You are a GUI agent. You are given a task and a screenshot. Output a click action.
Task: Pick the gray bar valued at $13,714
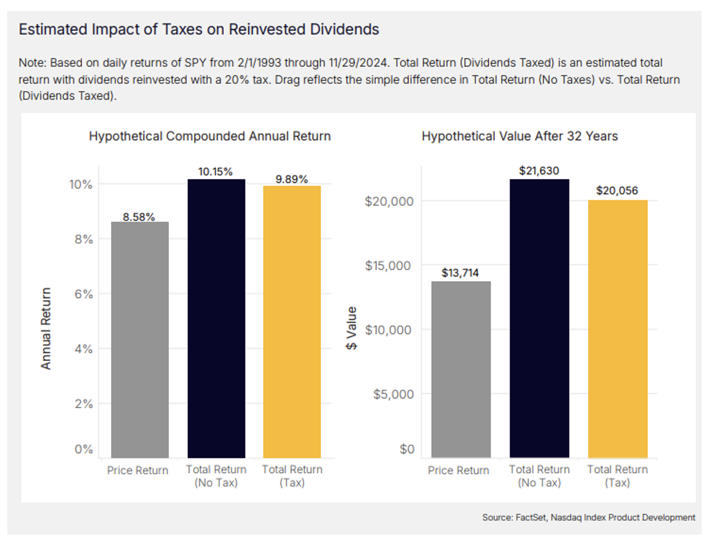pos(461,369)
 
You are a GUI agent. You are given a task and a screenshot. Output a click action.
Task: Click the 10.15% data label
pos(216,172)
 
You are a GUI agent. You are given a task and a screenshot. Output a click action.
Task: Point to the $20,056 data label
pos(617,191)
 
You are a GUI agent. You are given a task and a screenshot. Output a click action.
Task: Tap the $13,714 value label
pos(461,273)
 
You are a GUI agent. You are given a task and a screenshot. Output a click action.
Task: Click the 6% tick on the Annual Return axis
pos(84,294)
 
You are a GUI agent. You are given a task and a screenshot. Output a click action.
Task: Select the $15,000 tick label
pos(388,266)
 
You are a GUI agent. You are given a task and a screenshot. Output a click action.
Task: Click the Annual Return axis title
pos(46,328)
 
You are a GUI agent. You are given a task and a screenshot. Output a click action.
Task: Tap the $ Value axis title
pos(352,328)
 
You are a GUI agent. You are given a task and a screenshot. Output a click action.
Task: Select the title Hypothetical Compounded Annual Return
pos(210,136)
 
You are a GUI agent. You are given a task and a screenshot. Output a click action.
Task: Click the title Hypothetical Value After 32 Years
pos(519,136)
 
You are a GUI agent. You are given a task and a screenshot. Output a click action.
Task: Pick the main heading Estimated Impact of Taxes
pos(199,29)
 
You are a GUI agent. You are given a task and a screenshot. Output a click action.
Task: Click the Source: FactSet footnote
pos(588,518)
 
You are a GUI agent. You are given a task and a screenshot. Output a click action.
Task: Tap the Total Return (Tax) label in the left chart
pos(292,476)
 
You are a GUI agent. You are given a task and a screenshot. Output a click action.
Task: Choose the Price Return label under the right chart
pos(458,470)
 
